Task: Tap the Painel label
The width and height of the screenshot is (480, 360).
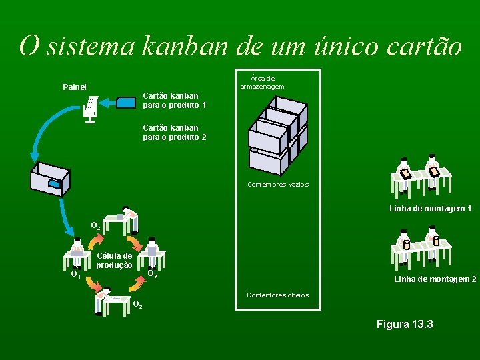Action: pyautogui.click(x=74, y=87)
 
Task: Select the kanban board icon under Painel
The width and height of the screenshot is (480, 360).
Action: pyautogui.click(x=91, y=110)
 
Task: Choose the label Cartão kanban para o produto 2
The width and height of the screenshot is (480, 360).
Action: pyautogui.click(x=174, y=132)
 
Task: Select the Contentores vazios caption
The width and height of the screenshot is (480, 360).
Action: pyautogui.click(x=277, y=184)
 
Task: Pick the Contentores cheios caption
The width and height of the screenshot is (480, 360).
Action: pyautogui.click(x=277, y=295)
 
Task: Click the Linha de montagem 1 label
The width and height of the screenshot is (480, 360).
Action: pyautogui.click(x=430, y=209)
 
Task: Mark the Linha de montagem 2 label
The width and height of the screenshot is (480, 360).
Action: pyautogui.click(x=435, y=279)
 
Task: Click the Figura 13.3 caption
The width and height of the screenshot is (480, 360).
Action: pyautogui.click(x=405, y=324)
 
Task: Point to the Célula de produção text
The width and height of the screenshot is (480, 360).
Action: pyautogui.click(x=114, y=260)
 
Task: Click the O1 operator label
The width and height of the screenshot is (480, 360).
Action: pyautogui.click(x=75, y=273)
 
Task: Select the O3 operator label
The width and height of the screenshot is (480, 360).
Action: pyautogui.click(x=152, y=273)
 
